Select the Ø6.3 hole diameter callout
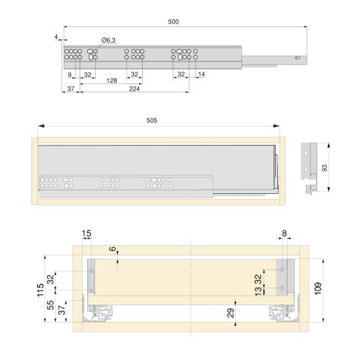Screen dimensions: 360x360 pyautogui.click(x=108, y=40)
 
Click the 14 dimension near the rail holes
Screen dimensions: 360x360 pyautogui.click(x=200, y=74)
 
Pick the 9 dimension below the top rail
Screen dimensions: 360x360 pyautogui.click(x=70, y=74)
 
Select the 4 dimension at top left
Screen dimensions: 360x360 pyautogui.click(x=56, y=35)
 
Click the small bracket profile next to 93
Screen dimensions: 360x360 pyautogui.click(x=312, y=168)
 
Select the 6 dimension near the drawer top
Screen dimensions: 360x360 pyautogui.click(x=113, y=250)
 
